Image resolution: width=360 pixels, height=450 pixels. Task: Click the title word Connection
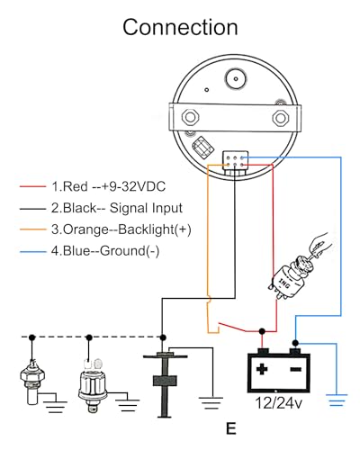180,27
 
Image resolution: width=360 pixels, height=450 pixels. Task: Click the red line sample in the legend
32,186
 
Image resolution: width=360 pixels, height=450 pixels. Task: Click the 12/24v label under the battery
279,403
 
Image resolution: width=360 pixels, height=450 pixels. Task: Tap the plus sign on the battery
262,369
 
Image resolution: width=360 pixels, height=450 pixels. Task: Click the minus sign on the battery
295,369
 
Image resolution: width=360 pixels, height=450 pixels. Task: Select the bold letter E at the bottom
231,428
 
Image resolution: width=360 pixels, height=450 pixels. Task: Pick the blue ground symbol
337,400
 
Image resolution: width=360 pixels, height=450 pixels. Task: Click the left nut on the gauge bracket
190,117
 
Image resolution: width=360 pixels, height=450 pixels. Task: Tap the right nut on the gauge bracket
281,118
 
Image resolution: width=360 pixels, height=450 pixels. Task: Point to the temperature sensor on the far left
32,382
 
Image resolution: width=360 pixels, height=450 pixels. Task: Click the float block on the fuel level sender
165,381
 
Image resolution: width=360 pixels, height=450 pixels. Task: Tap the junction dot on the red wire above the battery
262,331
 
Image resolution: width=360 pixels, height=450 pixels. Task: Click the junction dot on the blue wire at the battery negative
295,343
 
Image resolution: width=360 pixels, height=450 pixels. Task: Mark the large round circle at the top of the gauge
236,79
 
